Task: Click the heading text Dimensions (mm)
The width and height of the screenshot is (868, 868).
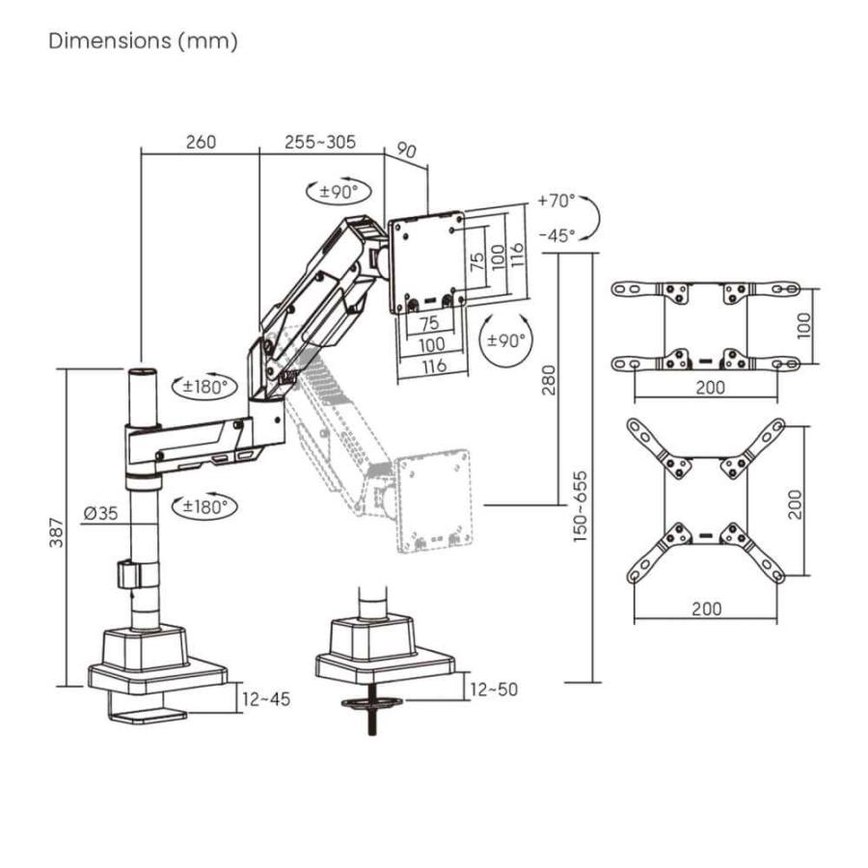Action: coord(143,41)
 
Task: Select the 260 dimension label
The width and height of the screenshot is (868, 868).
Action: coord(200,143)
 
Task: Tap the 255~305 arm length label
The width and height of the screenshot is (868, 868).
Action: coord(320,143)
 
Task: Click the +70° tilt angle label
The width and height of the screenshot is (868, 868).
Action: coord(556,202)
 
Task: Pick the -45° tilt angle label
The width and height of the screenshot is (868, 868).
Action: coord(556,234)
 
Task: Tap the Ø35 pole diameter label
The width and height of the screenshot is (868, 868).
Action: coord(100,514)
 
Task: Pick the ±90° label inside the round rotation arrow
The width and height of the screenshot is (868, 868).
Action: coord(506,340)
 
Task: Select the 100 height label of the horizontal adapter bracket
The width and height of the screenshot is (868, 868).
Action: coord(806,326)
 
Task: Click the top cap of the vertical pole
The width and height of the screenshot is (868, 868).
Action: coord(142,371)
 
